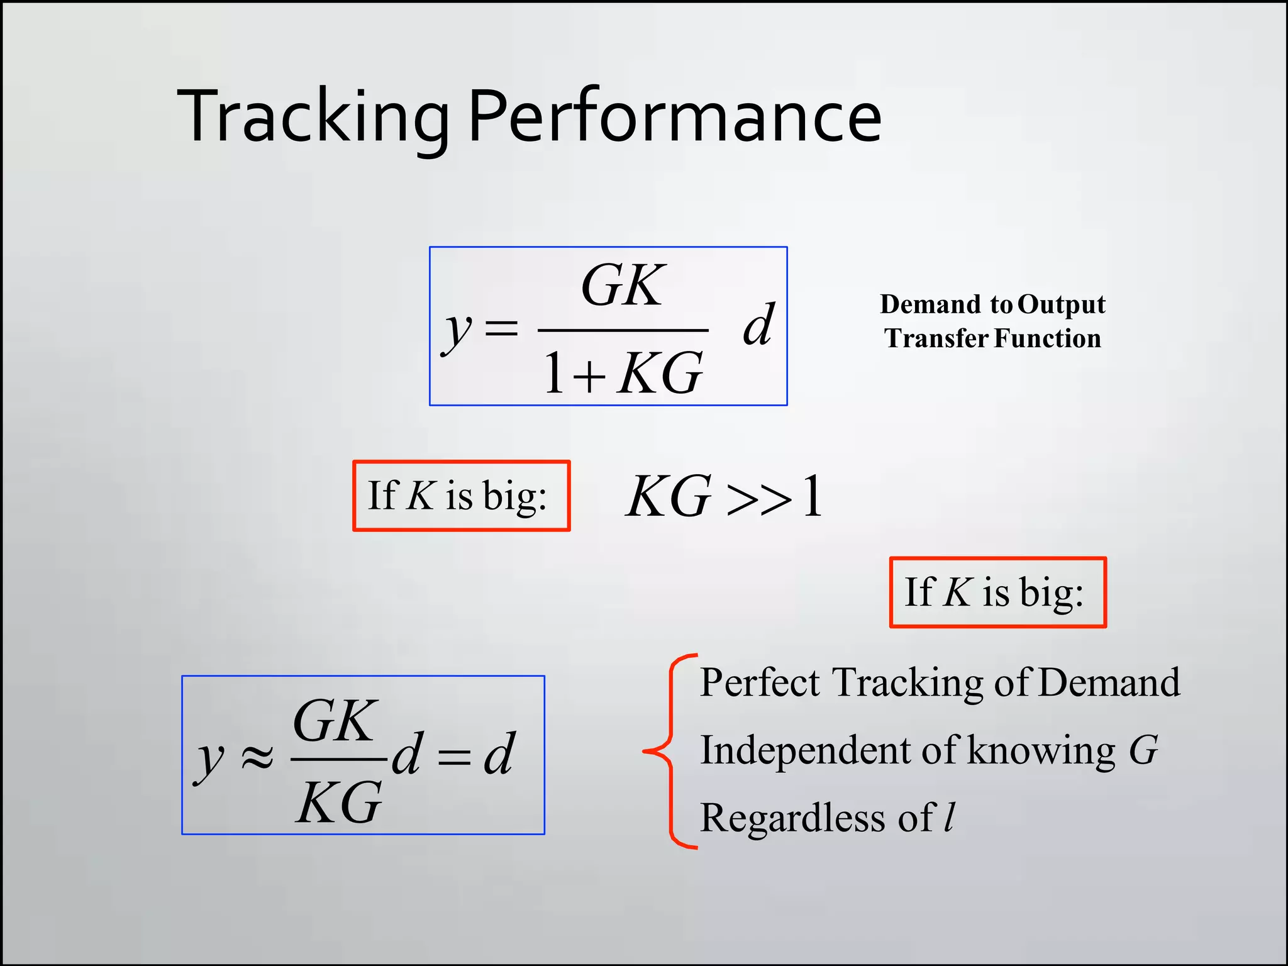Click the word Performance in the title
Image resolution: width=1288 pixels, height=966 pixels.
(x=674, y=117)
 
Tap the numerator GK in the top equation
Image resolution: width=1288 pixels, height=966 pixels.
(x=622, y=286)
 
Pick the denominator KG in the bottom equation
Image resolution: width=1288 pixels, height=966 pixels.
(x=338, y=803)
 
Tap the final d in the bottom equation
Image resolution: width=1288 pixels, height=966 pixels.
(x=499, y=754)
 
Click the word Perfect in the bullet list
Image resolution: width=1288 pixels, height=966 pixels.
(x=760, y=682)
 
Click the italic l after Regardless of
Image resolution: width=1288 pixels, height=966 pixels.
(x=950, y=818)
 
